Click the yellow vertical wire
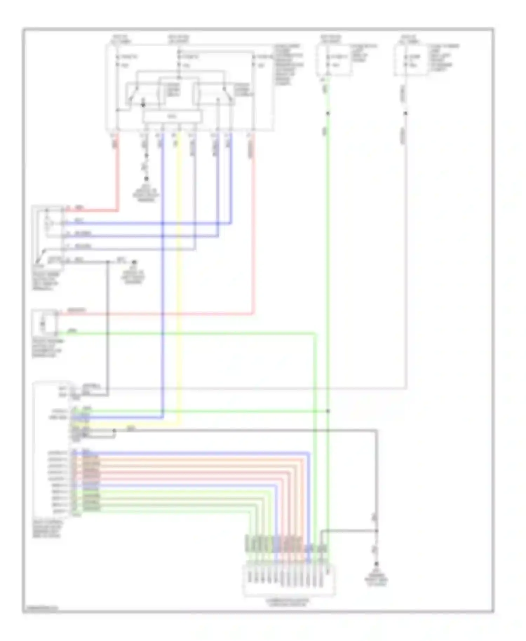179,281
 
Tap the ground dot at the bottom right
376,564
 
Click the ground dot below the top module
147,179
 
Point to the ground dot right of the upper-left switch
134,262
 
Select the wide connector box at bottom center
289,580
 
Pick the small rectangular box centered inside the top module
172,117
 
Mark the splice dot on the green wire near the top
328,113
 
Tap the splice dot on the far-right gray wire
406,113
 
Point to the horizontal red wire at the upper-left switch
91,211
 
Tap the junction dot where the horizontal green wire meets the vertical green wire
328,411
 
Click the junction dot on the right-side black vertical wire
377,531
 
